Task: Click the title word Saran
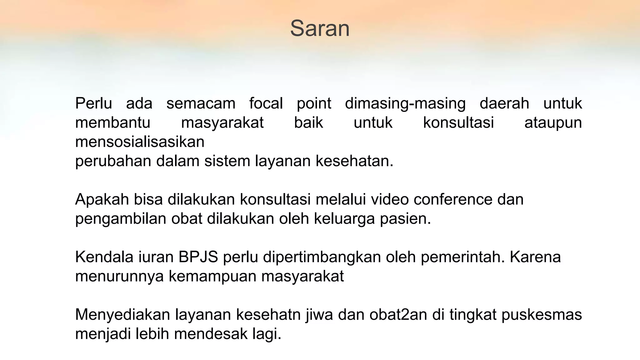tap(320, 28)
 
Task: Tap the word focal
tap(266, 103)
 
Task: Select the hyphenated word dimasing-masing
tap(405, 103)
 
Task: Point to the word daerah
tap(504, 103)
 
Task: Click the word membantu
tap(113, 122)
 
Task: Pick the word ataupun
tap(553, 122)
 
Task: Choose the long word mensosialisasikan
tap(140, 142)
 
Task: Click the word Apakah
tap(102, 199)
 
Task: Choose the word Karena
tap(535, 257)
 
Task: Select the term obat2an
tap(398, 315)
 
